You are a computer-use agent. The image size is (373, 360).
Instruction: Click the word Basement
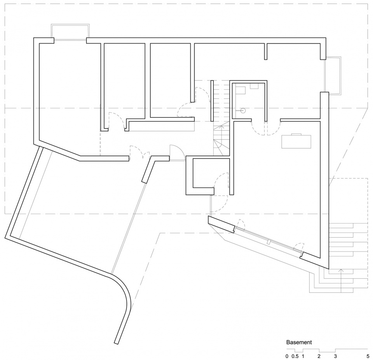coord(299,343)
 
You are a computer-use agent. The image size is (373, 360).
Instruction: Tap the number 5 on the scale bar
coord(368,357)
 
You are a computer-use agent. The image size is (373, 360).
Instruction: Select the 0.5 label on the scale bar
coord(295,357)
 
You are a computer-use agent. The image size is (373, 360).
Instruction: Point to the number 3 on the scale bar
coord(335,357)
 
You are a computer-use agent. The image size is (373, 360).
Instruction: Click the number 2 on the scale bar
coord(319,357)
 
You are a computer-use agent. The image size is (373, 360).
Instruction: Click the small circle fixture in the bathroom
coord(243,110)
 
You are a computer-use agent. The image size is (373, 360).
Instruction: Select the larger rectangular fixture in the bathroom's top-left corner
coord(240,91)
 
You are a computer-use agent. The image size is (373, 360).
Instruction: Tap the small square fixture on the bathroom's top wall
coord(255,86)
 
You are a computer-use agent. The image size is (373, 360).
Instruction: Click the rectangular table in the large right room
coord(296,142)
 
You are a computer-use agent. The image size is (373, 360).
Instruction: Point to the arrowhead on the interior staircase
coord(222,126)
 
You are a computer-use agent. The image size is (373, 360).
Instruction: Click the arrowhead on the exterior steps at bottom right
coord(341,270)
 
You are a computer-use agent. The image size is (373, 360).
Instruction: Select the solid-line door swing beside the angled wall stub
coord(177,153)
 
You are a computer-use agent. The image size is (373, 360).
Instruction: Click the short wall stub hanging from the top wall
coord(265,51)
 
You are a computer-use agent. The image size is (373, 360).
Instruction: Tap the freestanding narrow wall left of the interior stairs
coord(212,101)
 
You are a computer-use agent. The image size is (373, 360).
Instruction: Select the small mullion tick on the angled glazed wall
coord(269,242)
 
